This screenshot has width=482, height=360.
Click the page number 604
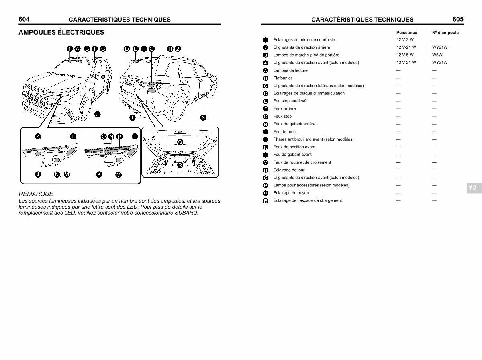pyautogui.click(x=24, y=19)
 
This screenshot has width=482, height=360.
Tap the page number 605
pyautogui.click(x=458, y=19)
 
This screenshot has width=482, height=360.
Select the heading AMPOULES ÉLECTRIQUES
pyautogui.click(x=61, y=32)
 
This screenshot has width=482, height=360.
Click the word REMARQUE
pyautogui.click(x=36, y=194)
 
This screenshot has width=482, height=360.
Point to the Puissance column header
pyautogui.click(x=406, y=33)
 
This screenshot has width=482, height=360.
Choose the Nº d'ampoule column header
pyautogui.click(x=445, y=33)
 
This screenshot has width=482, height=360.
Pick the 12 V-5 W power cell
pyautogui.click(x=405, y=55)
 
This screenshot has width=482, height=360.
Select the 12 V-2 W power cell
pyautogui.click(x=405, y=40)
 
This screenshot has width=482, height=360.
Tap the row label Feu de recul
pyautogui.click(x=285, y=132)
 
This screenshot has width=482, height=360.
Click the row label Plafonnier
pyautogui.click(x=283, y=78)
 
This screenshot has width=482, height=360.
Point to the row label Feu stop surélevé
pyautogui.click(x=290, y=101)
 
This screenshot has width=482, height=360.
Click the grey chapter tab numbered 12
pyautogui.click(x=472, y=188)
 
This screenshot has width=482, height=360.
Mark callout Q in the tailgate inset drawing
pyautogui.click(x=180, y=141)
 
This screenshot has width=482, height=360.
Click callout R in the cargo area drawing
pyautogui.click(x=180, y=165)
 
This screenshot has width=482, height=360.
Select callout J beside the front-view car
pyautogui.click(x=97, y=114)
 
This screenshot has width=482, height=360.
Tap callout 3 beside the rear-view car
pyautogui.click(x=203, y=117)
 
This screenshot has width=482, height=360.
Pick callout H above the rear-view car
pyautogui.click(x=170, y=49)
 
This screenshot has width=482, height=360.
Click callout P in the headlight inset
pyautogui.click(x=119, y=137)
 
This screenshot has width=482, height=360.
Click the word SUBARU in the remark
pyautogui.click(x=186, y=213)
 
